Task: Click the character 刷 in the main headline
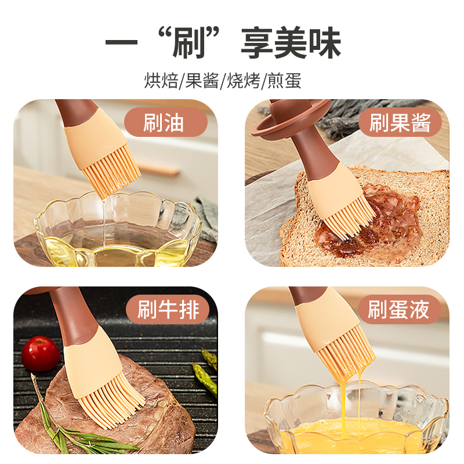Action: (x=189, y=42)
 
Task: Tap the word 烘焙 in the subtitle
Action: (x=161, y=81)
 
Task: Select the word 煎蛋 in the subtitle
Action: (x=284, y=81)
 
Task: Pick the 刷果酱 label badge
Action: (x=400, y=122)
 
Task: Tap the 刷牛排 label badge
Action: (x=168, y=310)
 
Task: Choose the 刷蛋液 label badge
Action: (x=400, y=310)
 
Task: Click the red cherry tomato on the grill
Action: (x=41, y=353)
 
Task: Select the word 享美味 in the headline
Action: (x=291, y=42)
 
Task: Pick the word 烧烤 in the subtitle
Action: (x=243, y=81)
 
